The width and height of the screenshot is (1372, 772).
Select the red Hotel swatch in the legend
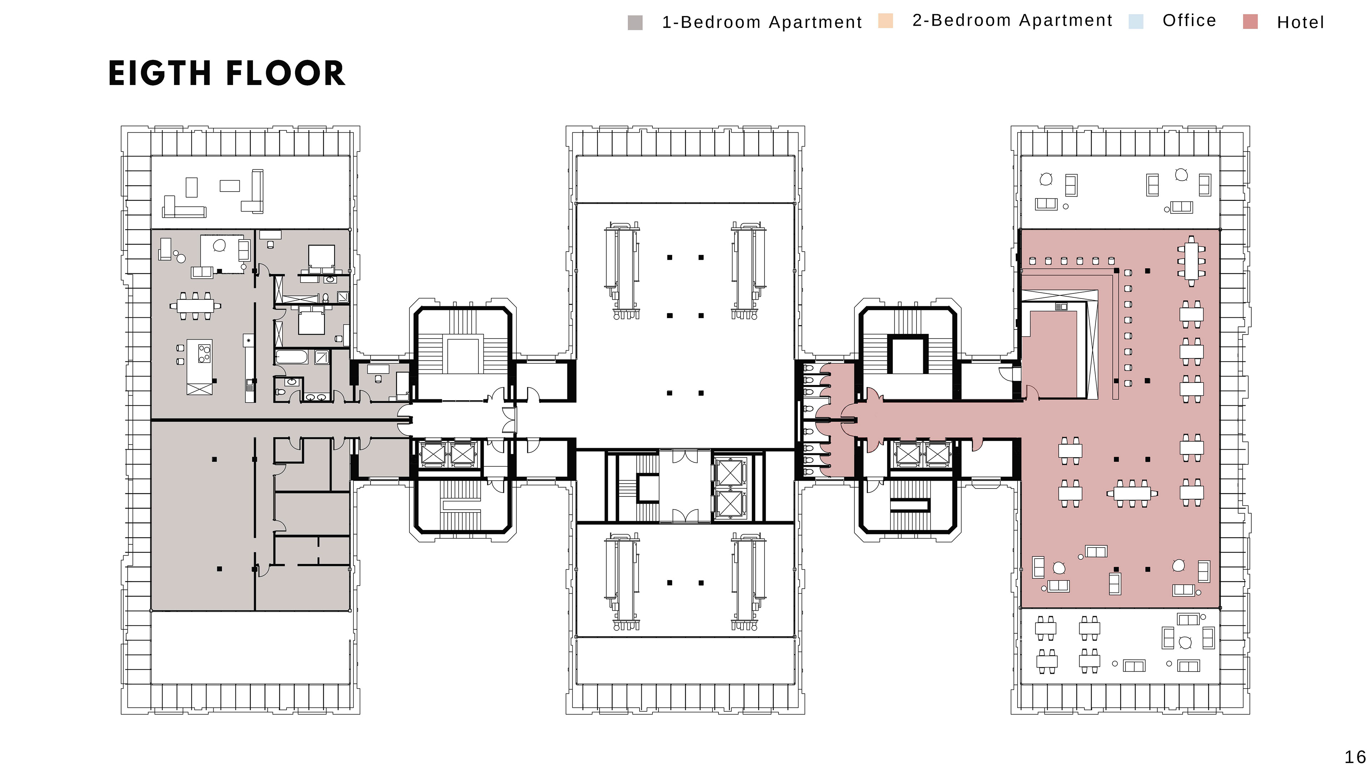(1250, 22)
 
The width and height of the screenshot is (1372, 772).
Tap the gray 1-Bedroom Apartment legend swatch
(635, 23)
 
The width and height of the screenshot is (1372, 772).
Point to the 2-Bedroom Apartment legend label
(1012, 20)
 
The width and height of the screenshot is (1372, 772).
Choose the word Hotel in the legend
(1300, 23)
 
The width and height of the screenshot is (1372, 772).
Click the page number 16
(1355, 757)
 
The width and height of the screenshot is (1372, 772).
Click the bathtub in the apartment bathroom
(291, 356)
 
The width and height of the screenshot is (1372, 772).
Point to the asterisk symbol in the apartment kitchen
(249, 340)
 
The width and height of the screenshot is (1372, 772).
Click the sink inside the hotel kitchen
(1061, 306)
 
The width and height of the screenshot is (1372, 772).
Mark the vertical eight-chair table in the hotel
(1191, 261)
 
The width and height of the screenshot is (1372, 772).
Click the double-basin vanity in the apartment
(316, 396)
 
